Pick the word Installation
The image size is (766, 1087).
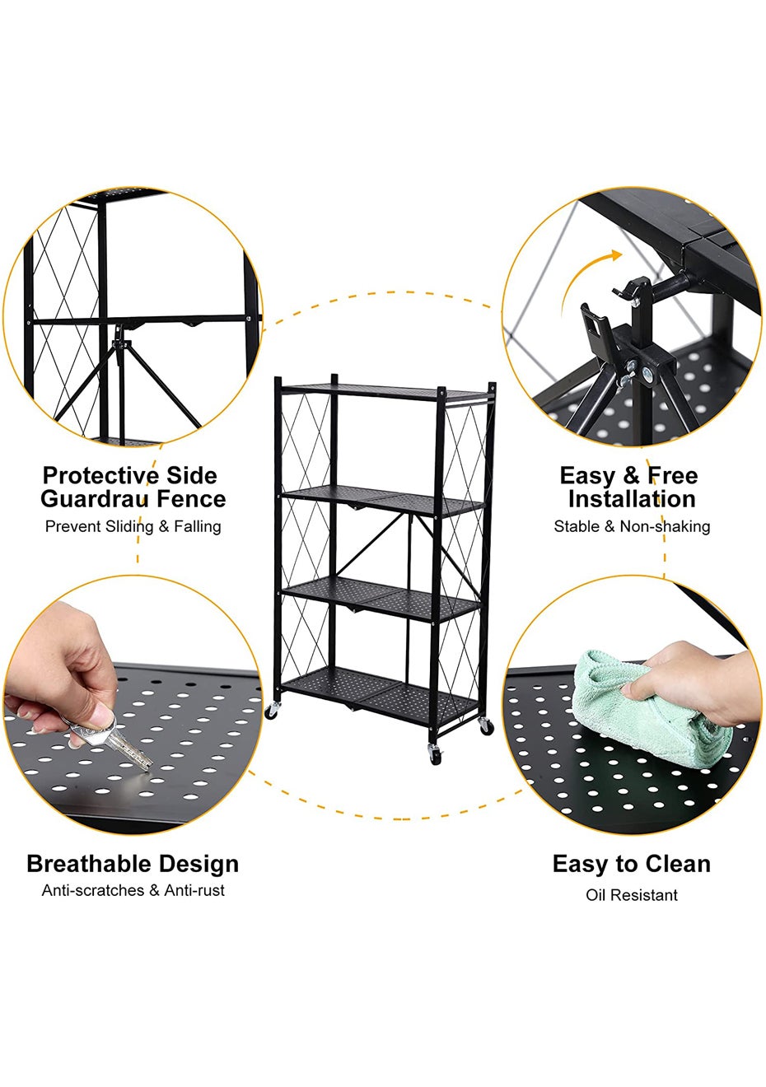pos(632,499)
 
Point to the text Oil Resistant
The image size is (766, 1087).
pos(632,895)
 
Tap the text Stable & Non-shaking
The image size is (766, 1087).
pos(632,526)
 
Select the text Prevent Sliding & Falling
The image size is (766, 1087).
pos(133,526)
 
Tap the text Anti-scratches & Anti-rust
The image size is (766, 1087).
pos(133,890)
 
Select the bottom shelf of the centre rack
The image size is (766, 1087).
pos(380,697)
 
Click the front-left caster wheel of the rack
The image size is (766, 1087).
pos(271,711)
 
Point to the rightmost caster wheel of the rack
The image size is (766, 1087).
pos(486,726)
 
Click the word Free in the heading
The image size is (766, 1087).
pos(672,476)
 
